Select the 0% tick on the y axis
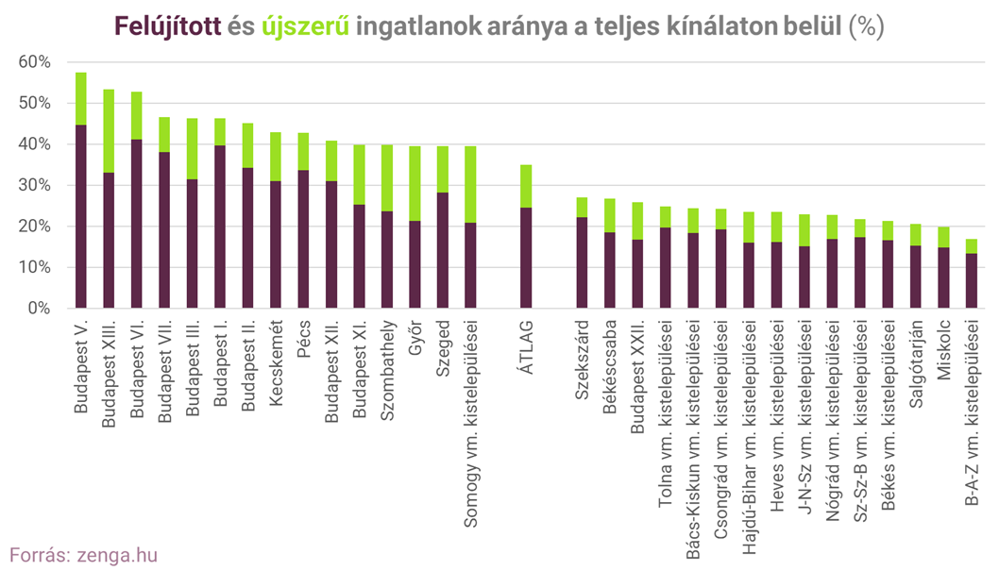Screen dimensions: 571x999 click(x=39, y=309)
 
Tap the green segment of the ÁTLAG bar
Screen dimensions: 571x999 click(x=526, y=186)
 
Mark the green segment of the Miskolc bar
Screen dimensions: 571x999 click(x=943, y=237)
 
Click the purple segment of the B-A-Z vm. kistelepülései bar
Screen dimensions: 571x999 click(x=971, y=280)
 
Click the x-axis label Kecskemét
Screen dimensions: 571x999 click(x=276, y=361)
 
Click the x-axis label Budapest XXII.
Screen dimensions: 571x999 click(x=637, y=376)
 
